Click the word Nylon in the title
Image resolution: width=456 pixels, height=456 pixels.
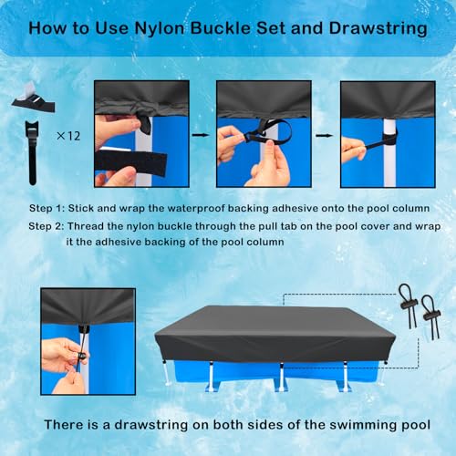[160, 29]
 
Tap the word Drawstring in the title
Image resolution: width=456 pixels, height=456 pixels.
[378, 29]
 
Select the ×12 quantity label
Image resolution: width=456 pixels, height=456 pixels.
[68, 136]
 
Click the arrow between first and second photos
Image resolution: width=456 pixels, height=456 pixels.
[201, 135]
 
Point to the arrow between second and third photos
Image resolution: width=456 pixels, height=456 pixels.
[324, 135]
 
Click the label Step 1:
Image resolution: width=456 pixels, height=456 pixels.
[47, 209]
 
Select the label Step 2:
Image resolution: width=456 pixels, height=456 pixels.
[47, 226]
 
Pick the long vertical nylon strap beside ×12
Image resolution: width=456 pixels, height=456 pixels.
[32, 152]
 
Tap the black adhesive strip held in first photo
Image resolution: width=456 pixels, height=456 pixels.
[130, 162]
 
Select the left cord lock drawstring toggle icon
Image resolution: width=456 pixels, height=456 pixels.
[408, 306]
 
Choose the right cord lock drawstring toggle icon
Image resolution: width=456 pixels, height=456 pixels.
[431, 316]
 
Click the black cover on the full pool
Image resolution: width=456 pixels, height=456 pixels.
[275, 335]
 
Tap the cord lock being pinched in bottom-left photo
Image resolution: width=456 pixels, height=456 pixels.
[81, 355]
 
